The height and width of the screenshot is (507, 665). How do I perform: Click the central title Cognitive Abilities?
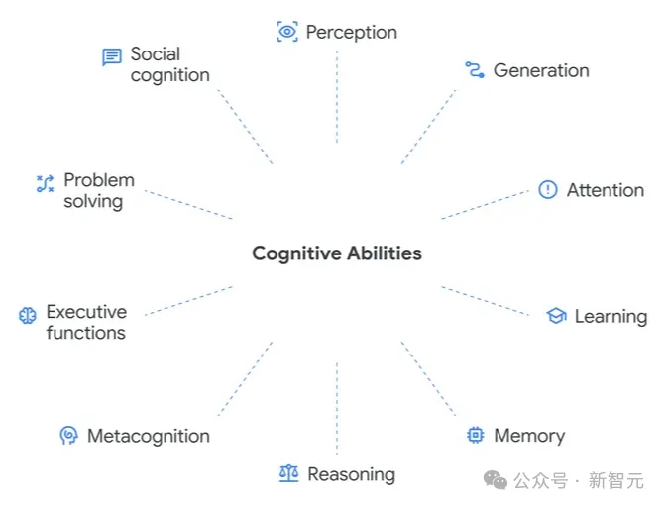(336, 253)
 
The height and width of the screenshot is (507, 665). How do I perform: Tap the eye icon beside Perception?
(287, 32)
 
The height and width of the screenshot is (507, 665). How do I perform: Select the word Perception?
(351, 32)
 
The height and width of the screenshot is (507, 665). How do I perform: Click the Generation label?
(541, 70)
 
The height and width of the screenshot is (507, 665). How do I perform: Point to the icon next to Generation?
(475, 69)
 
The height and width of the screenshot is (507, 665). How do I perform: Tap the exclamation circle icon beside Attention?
(548, 190)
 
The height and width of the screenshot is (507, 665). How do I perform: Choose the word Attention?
(605, 190)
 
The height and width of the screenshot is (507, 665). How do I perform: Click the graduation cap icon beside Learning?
(556, 316)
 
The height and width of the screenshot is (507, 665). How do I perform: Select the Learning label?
(610, 317)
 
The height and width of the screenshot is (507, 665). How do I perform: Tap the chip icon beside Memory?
(476, 435)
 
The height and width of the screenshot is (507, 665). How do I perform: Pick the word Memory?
(529, 436)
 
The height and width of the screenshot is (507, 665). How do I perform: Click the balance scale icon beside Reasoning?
(288, 474)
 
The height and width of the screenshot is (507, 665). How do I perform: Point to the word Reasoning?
(351, 474)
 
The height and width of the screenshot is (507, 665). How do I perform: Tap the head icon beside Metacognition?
(68, 435)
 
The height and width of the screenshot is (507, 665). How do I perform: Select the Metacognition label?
(149, 436)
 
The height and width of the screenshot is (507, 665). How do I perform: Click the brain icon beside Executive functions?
(28, 316)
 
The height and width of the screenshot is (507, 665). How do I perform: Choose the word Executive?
(86, 312)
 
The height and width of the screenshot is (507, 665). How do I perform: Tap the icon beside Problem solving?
(45, 183)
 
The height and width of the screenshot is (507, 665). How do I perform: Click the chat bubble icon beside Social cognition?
(112, 57)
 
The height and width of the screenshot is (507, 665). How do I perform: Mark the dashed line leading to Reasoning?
(337, 406)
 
